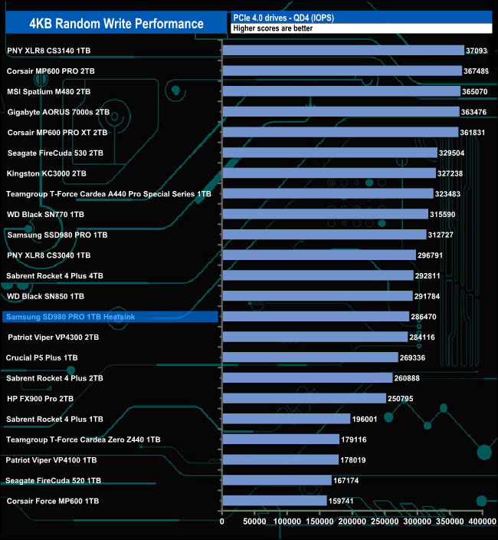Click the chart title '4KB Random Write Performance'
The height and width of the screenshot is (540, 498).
[x=116, y=23]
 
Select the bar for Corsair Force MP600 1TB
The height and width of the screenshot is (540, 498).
[x=274, y=501]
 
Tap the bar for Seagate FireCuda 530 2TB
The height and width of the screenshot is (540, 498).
[x=329, y=153]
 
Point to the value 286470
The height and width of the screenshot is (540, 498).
[x=428, y=317]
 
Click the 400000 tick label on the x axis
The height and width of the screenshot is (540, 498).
[x=482, y=522]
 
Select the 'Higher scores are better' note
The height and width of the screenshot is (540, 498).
[x=267, y=28]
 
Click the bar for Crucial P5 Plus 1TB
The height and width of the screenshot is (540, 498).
[x=310, y=357]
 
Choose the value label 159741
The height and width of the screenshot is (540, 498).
[x=346, y=501]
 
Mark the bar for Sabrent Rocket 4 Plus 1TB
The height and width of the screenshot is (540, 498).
[x=286, y=419]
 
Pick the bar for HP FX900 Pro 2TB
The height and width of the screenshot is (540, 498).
[x=304, y=399]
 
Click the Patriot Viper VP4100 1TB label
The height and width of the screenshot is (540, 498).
[x=51, y=460]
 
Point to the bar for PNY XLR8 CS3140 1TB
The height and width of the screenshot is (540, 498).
[x=343, y=51]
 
